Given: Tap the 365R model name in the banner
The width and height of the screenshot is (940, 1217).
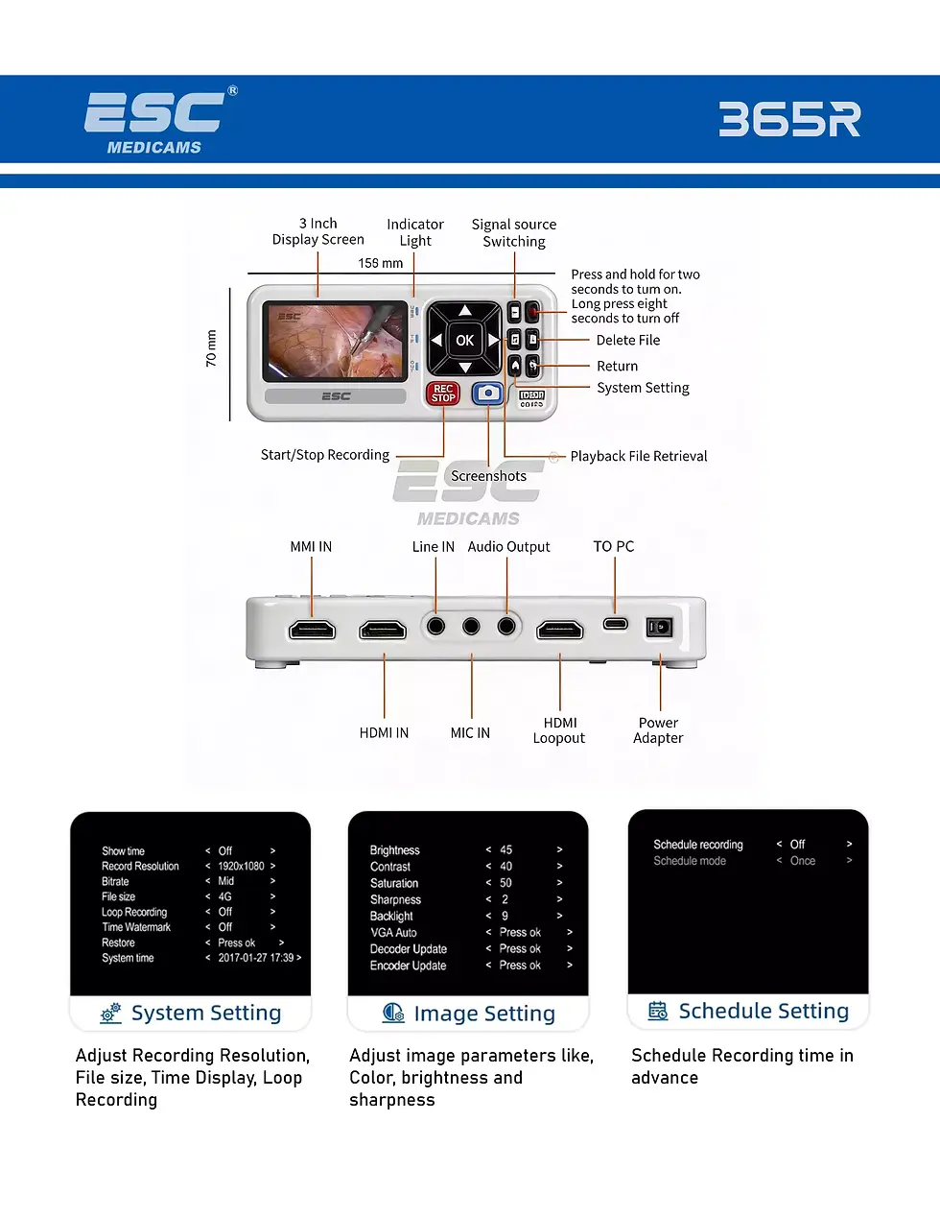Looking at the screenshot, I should coord(789,120).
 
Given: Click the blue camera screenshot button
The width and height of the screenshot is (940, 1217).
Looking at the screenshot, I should coord(488,394).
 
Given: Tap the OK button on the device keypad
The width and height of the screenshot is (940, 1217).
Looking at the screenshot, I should coord(465,340).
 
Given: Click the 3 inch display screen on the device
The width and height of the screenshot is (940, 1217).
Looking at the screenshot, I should coord(336,342).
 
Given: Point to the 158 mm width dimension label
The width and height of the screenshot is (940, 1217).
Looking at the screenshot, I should coord(381,263).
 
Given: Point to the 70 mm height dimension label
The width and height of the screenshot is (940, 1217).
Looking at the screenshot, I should coord(211,348).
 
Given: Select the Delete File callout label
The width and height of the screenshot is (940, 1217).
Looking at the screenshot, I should coord(627,340).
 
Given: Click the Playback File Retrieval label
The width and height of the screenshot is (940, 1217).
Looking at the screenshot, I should coord(638,456).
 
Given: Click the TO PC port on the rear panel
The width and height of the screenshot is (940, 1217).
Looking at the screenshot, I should coord(616,625).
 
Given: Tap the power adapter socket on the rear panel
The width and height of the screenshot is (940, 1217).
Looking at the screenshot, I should coord(659,628).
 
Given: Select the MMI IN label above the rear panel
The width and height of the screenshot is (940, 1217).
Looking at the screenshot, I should coord(311,546).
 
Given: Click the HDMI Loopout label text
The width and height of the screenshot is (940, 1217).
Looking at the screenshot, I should coord(559,730).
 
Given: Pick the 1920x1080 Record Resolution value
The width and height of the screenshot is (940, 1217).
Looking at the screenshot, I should coord(241,866).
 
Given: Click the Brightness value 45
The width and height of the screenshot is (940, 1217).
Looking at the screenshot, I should coord(505,849).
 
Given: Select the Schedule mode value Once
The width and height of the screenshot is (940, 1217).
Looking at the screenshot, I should coord(803,861).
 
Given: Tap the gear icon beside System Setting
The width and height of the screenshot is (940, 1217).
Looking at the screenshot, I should coord(111,1013).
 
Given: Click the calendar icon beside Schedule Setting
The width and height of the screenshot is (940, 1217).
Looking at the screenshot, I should coord(658,1011).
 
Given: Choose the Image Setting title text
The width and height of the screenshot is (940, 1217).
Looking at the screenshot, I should coord(484,1014).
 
